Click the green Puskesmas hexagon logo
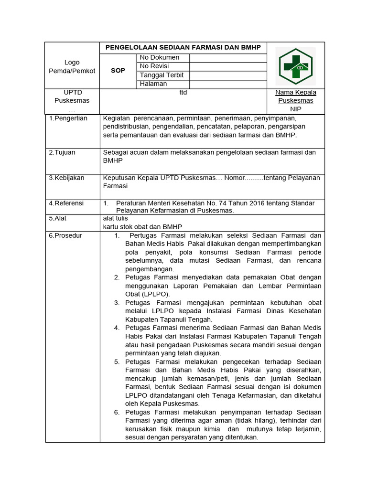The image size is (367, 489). (296, 66)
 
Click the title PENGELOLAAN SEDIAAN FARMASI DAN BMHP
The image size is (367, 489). (183, 48)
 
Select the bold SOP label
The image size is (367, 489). (118, 71)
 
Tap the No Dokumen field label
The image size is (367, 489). (160, 58)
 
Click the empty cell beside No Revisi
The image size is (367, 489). (227, 66)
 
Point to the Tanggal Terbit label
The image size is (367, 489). (162, 75)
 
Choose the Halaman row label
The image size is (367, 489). (153, 84)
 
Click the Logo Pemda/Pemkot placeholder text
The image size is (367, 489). (72, 66)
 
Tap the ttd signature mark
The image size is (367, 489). (183, 93)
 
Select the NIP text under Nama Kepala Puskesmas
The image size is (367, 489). (296, 109)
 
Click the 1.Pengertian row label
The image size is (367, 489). (68, 118)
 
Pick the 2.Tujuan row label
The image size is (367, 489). (62, 152)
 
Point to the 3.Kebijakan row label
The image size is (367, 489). (67, 178)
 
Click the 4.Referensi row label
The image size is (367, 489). (66, 203)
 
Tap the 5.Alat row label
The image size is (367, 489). (57, 218)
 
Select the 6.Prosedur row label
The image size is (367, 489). (66, 235)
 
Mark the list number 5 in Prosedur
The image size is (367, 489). (117, 361)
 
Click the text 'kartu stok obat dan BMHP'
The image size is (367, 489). (142, 227)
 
